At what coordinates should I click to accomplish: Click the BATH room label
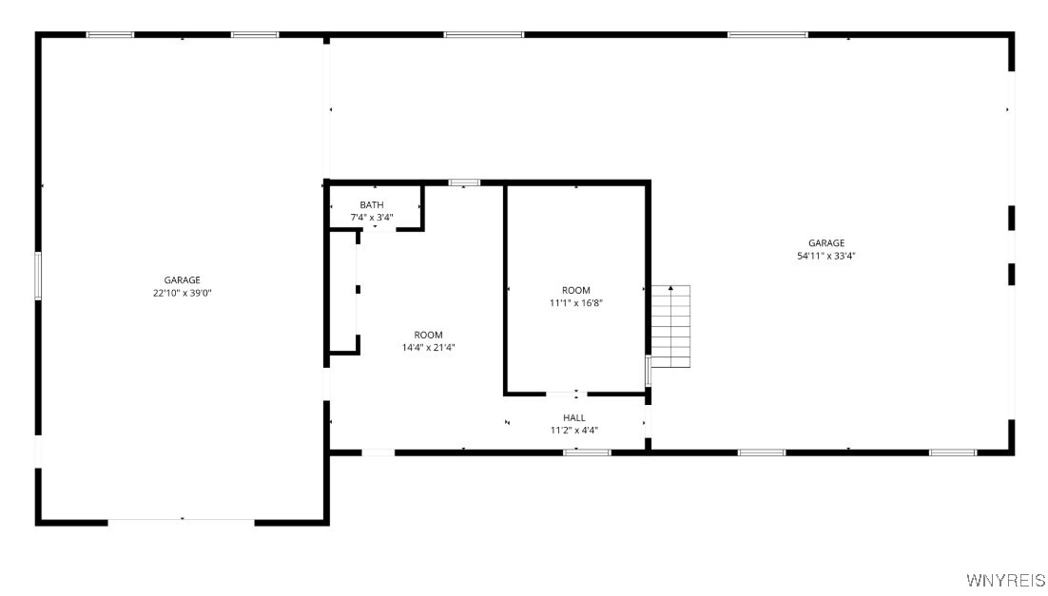point(372,205)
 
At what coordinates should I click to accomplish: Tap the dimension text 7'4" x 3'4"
point(372,218)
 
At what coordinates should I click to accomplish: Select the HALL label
point(574,417)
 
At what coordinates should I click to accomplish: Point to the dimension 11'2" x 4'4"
point(574,430)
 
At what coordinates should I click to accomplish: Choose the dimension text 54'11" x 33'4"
point(826,256)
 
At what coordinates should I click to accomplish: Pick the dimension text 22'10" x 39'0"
point(182,293)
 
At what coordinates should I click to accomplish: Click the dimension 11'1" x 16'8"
point(576,303)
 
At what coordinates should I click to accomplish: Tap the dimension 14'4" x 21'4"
point(428,347)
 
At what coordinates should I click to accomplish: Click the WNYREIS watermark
point(1004,580)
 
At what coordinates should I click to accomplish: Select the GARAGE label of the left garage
point(182,280)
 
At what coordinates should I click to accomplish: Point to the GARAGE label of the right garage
point(826,243)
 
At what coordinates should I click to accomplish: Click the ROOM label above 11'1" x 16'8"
point(576,291)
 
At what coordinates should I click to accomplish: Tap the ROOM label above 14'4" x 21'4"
point(428,335)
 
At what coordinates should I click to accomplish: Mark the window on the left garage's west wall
point(39,276)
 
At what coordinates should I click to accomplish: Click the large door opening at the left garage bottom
point(181,521)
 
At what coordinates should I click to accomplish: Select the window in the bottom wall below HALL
point(587,452)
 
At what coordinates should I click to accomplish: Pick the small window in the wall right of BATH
point(465,182)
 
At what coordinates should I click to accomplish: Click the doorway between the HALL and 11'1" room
point(562,393)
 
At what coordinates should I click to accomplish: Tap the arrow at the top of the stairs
point(670,287)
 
